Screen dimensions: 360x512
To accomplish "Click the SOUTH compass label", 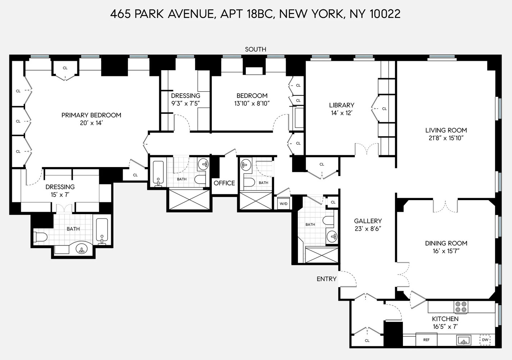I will (255, 49).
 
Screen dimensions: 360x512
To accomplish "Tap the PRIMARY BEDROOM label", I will (91, 115).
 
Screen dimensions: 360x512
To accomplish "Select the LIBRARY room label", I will (341, 105).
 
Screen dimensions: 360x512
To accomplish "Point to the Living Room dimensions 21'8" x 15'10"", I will (446, 138).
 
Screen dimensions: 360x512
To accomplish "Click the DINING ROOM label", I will (446, 243).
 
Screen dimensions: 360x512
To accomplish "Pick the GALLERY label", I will (368, 221).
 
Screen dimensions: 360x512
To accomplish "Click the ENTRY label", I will (326, 279).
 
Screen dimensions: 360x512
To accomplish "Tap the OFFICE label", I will (224, 183).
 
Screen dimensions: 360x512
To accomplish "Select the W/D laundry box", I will (284, 204).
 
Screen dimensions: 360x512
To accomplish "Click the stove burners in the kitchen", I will (461, 307).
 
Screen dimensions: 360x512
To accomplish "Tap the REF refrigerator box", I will (426, 339).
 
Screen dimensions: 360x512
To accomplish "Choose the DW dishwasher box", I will (485, 339).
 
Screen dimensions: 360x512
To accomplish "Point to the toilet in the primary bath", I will (40, 237).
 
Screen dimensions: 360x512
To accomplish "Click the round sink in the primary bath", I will (82, 249).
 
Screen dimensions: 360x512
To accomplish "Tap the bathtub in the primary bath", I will (102, 230).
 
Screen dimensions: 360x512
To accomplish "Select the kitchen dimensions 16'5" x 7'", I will (445, 327).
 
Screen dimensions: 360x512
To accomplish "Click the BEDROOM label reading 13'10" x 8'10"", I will (252, 96).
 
